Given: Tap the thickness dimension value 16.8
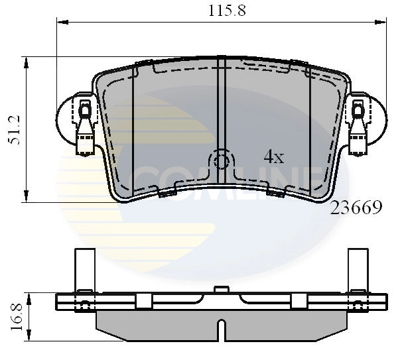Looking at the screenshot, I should [x=15, y=316].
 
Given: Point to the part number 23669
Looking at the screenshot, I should [x=356, y=209].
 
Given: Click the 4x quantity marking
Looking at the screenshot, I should [x=273, y=157].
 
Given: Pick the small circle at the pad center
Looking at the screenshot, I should [x=222, y=161].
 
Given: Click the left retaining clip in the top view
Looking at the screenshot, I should [x=85, y=126].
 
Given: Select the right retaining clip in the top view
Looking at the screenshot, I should [x=358, y=126].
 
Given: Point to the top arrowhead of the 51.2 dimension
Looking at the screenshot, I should [x=27, y=62].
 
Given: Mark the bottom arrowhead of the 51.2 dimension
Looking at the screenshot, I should [x=27, y=196].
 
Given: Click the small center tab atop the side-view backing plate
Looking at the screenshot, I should [x=222, y=289].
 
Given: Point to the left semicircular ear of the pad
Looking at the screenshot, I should [x=66, y=118].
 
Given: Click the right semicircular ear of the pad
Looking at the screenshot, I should [x=375, y=118].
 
